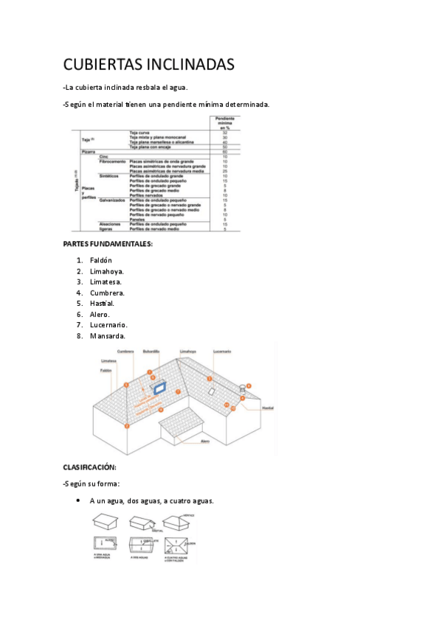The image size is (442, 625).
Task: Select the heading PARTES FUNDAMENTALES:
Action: [108, 244]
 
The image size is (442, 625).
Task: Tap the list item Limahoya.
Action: [107, 271]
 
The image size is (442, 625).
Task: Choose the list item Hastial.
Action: [102, 303]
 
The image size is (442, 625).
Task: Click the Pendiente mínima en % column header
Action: [224, 122]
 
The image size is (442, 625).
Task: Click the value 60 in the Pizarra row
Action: [224, 152]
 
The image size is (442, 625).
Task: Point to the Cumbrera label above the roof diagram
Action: [125, 352]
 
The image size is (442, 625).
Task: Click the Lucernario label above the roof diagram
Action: [223, 352]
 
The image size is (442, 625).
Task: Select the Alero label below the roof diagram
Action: [205, 441]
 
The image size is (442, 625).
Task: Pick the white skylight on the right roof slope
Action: [211, 391]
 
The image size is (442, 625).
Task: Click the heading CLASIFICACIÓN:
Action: [90, 467]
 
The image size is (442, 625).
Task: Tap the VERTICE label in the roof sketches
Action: [189, 515]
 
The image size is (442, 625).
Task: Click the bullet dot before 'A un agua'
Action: [78, 500]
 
